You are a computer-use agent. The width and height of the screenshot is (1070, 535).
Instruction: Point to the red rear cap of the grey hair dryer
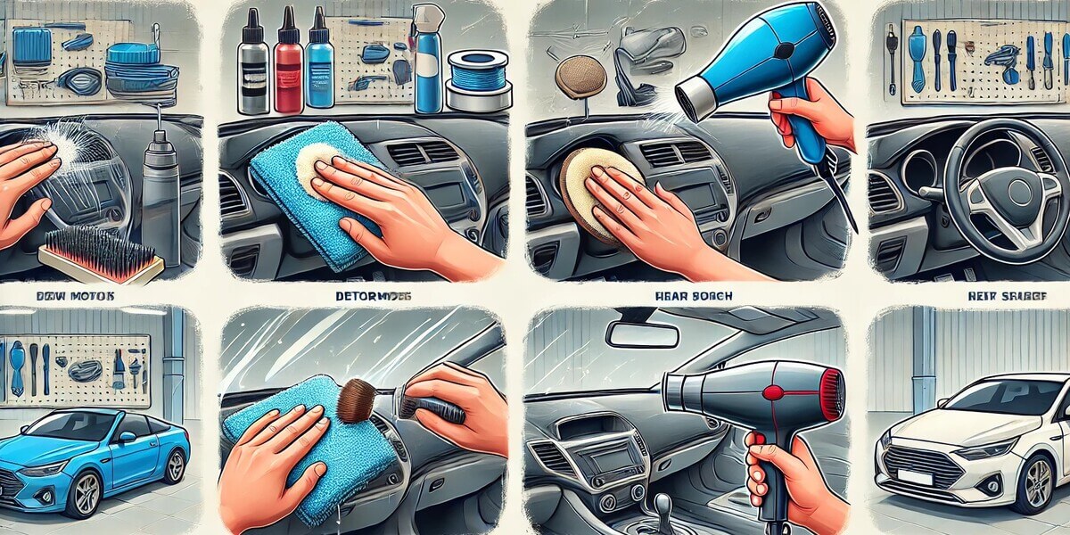[x=831, y=394]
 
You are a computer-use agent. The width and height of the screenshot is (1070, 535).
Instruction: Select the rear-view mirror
[x=642, y=334]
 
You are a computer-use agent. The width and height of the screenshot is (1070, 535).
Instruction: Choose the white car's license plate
[x=914, y=477]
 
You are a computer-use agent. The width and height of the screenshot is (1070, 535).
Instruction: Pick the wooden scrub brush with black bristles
[x=103, y=254]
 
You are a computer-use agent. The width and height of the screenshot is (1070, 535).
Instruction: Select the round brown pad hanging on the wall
[x=580, y=78]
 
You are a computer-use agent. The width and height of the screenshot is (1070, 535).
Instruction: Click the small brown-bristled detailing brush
[x=353, y=402]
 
